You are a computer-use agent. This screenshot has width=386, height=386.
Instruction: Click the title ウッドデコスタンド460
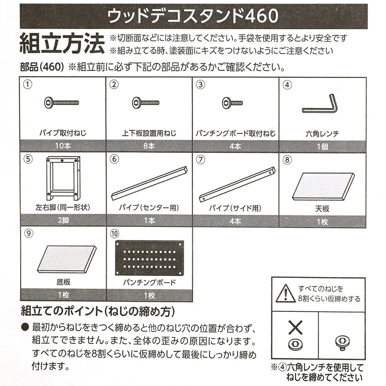(193, 16)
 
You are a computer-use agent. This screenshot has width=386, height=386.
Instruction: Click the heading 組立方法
(62, 43)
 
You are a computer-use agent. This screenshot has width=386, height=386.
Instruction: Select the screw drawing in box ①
(62, 103)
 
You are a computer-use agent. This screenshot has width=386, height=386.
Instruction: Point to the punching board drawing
(149, 258)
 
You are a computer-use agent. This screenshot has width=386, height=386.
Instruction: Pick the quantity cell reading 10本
(63, 147)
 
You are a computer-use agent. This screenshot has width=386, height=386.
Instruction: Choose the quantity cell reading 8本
(149, 147)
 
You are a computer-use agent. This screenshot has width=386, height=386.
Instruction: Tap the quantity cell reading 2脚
(63, 221)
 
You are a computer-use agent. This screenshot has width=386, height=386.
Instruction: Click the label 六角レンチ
(322, 134)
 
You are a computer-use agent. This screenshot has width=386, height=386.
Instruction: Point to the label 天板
(322, 209)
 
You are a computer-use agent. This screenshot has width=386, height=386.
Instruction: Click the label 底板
(63, 283)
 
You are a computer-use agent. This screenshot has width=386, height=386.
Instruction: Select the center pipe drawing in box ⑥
(149, 183)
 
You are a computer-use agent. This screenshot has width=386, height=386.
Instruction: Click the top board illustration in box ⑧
(323, 186)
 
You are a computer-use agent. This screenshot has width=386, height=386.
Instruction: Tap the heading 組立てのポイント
(98, 311)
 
